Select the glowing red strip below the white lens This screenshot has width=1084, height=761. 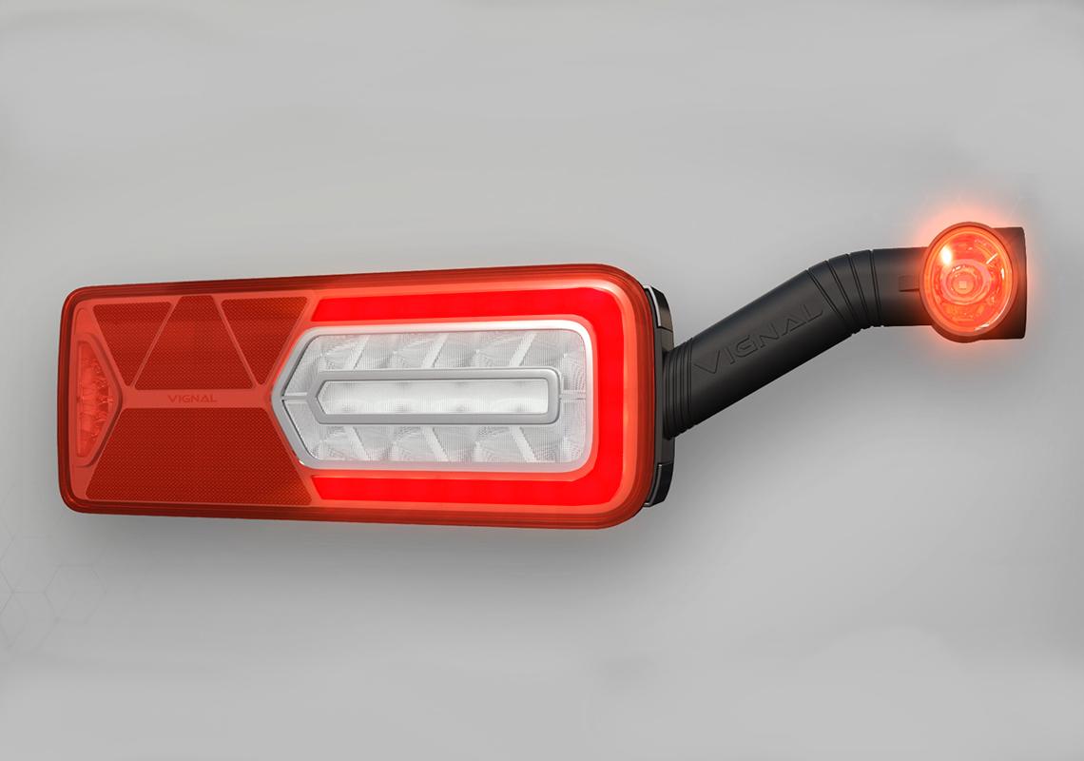[456, 489]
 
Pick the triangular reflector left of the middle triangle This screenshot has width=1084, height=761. [128, 338]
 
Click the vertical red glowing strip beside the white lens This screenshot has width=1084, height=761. [612, 400]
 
